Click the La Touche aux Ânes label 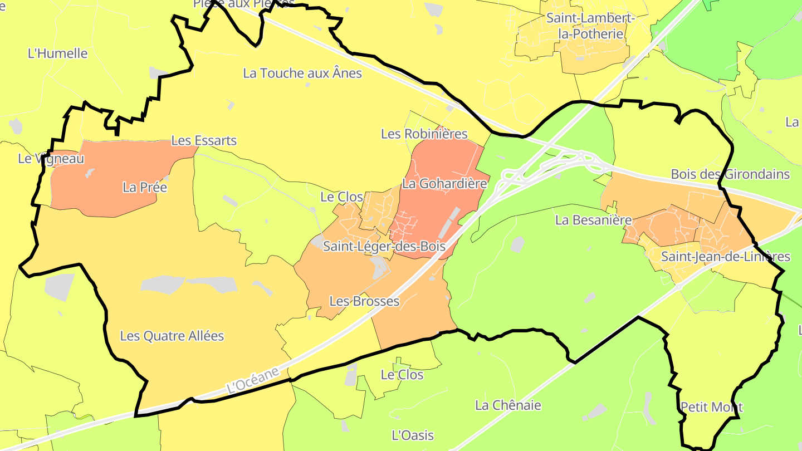click(302, 73)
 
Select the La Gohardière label click(445, 183)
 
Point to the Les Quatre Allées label click(172, 336)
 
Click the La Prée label click(145, 188)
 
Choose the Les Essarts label click(204, 141)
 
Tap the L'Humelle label click(58, 54)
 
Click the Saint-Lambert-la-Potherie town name click(590, 26)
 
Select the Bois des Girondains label click(730, 174)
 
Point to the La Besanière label click(594, 220)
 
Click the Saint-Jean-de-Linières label click(725, 257)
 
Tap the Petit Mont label click(711, 407)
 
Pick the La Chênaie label click(508, 405)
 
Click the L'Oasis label click(413, 435)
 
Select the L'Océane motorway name click(253, 380)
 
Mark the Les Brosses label click(364, 302)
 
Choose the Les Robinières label click(424, 134)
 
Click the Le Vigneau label click(51, 159)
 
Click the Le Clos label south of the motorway click(402, 375)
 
